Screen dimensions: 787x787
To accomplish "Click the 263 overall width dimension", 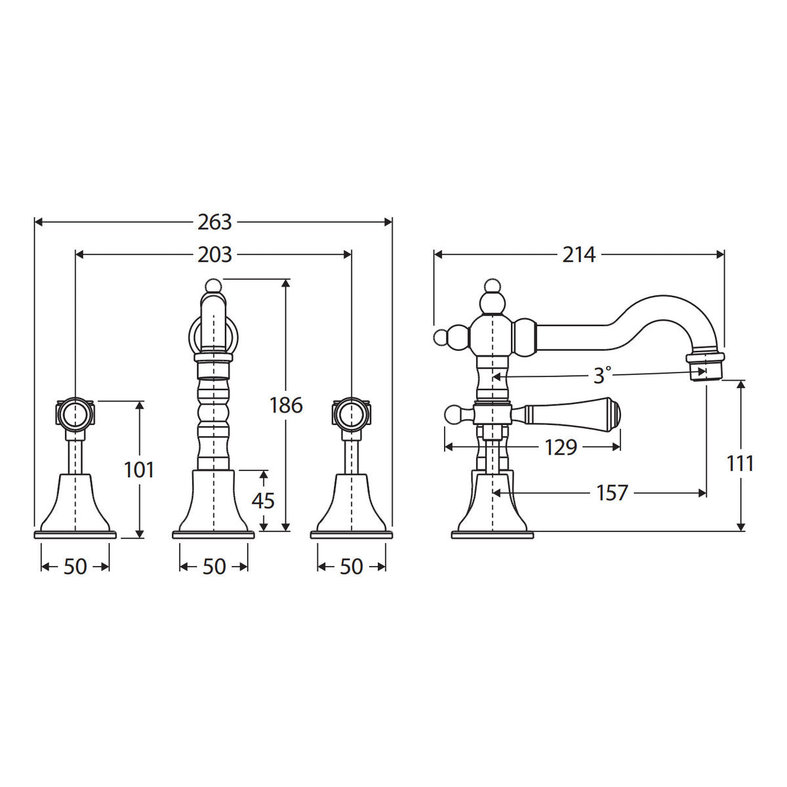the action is pos(214,222).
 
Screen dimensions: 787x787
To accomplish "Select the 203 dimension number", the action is pos(214,255).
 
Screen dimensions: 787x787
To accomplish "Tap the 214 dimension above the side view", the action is pos(578,255).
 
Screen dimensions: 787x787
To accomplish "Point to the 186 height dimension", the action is pos(286,405).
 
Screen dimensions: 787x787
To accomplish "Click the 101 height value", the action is pos(139,470).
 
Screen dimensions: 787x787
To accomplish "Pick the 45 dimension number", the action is pos(263,500).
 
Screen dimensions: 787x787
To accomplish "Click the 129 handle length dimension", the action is pos(561,447).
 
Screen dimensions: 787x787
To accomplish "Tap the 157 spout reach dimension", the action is pos(611,493).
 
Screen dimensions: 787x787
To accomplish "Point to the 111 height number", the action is pos(740,464).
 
